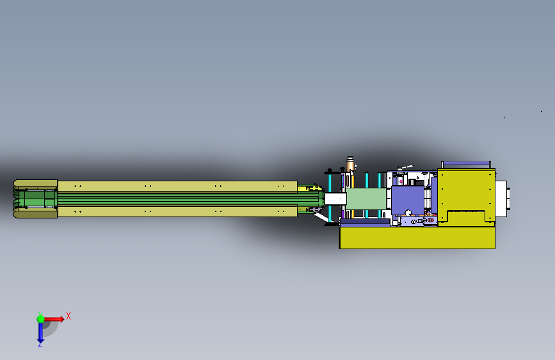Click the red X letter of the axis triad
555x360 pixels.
(68, 316)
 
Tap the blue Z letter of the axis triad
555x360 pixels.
(40, 345)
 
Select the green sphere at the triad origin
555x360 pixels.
(41, 319)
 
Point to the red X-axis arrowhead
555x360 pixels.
(61, 319)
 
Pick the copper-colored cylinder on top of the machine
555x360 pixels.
(350, 165)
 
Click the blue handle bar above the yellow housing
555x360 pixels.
(466, 163)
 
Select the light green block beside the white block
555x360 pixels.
(366, 199)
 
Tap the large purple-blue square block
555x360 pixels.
(407, 200)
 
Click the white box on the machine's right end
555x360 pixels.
(501, 199)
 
